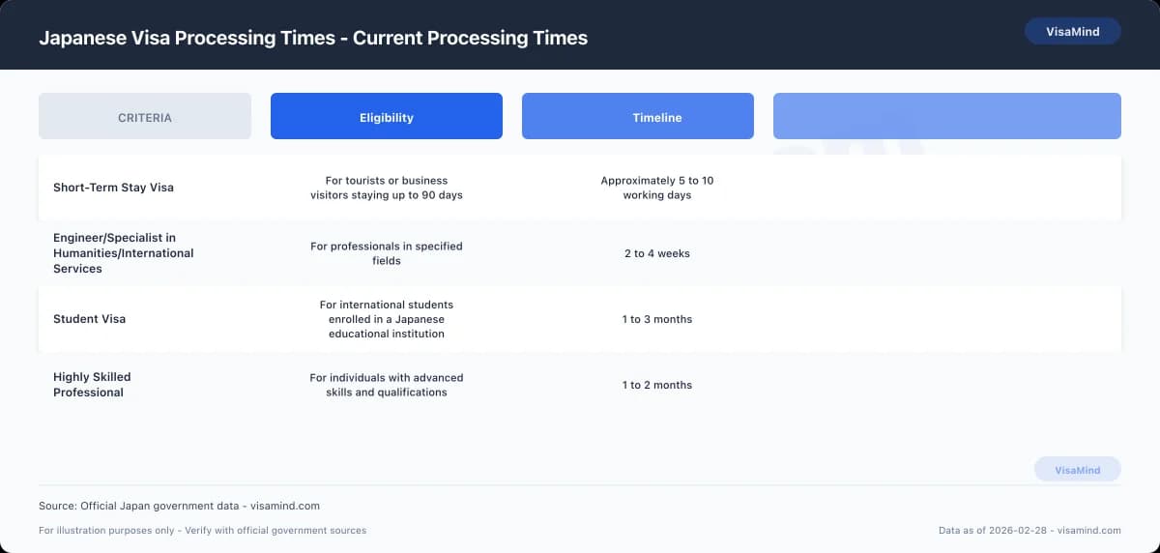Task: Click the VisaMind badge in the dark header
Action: [1072, 31]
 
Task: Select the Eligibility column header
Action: [387, 117]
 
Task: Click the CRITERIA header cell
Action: [145, 117]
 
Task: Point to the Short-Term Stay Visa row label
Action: [113, 188]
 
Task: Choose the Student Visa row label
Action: [89, 319]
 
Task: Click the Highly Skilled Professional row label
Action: [92, 385]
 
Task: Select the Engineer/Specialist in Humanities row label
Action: [123, 253]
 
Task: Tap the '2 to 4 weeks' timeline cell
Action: [657, 253]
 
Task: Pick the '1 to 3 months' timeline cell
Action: [657, 319]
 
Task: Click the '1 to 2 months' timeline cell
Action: [657, 385]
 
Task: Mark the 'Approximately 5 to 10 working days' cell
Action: [657, 188]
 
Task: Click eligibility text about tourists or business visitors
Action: [387, 188]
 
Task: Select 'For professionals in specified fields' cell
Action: [387, 253]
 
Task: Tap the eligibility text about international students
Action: [387, 319]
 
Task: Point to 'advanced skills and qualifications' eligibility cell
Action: [387, 385]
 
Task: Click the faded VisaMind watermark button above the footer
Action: [1077, 470]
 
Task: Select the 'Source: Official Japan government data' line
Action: [179, 506]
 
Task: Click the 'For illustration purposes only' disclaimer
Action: [202, 530]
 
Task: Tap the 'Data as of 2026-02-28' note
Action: [1029, 530]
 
